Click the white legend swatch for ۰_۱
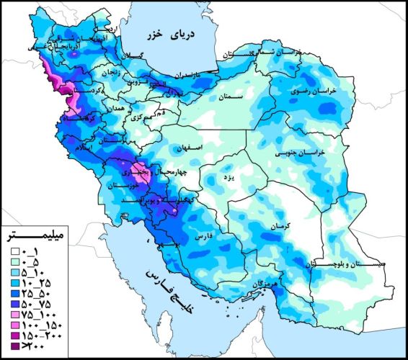pyautogui.click(x=14, y=253)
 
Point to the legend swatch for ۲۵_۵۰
pyautogui.click(x=14, y=294)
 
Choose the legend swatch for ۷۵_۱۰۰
pyautogui.click(x=14, y=315)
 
